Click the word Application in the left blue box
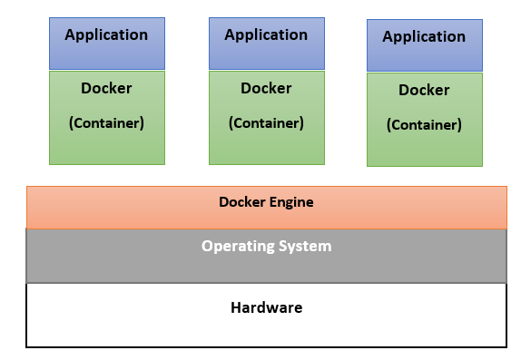[106, 35]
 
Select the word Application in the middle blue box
[266, 35]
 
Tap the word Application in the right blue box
[424, 37]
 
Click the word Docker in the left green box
[106, 89]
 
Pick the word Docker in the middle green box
[266, 89]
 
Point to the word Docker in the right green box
[424, 91]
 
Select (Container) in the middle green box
[266, 122]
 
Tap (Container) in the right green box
[424, 125]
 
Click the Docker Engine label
[266, 202]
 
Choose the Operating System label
[266, 246]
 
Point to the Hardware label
[266, 307]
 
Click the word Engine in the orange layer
[290, 202]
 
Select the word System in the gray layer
[306, 246]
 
